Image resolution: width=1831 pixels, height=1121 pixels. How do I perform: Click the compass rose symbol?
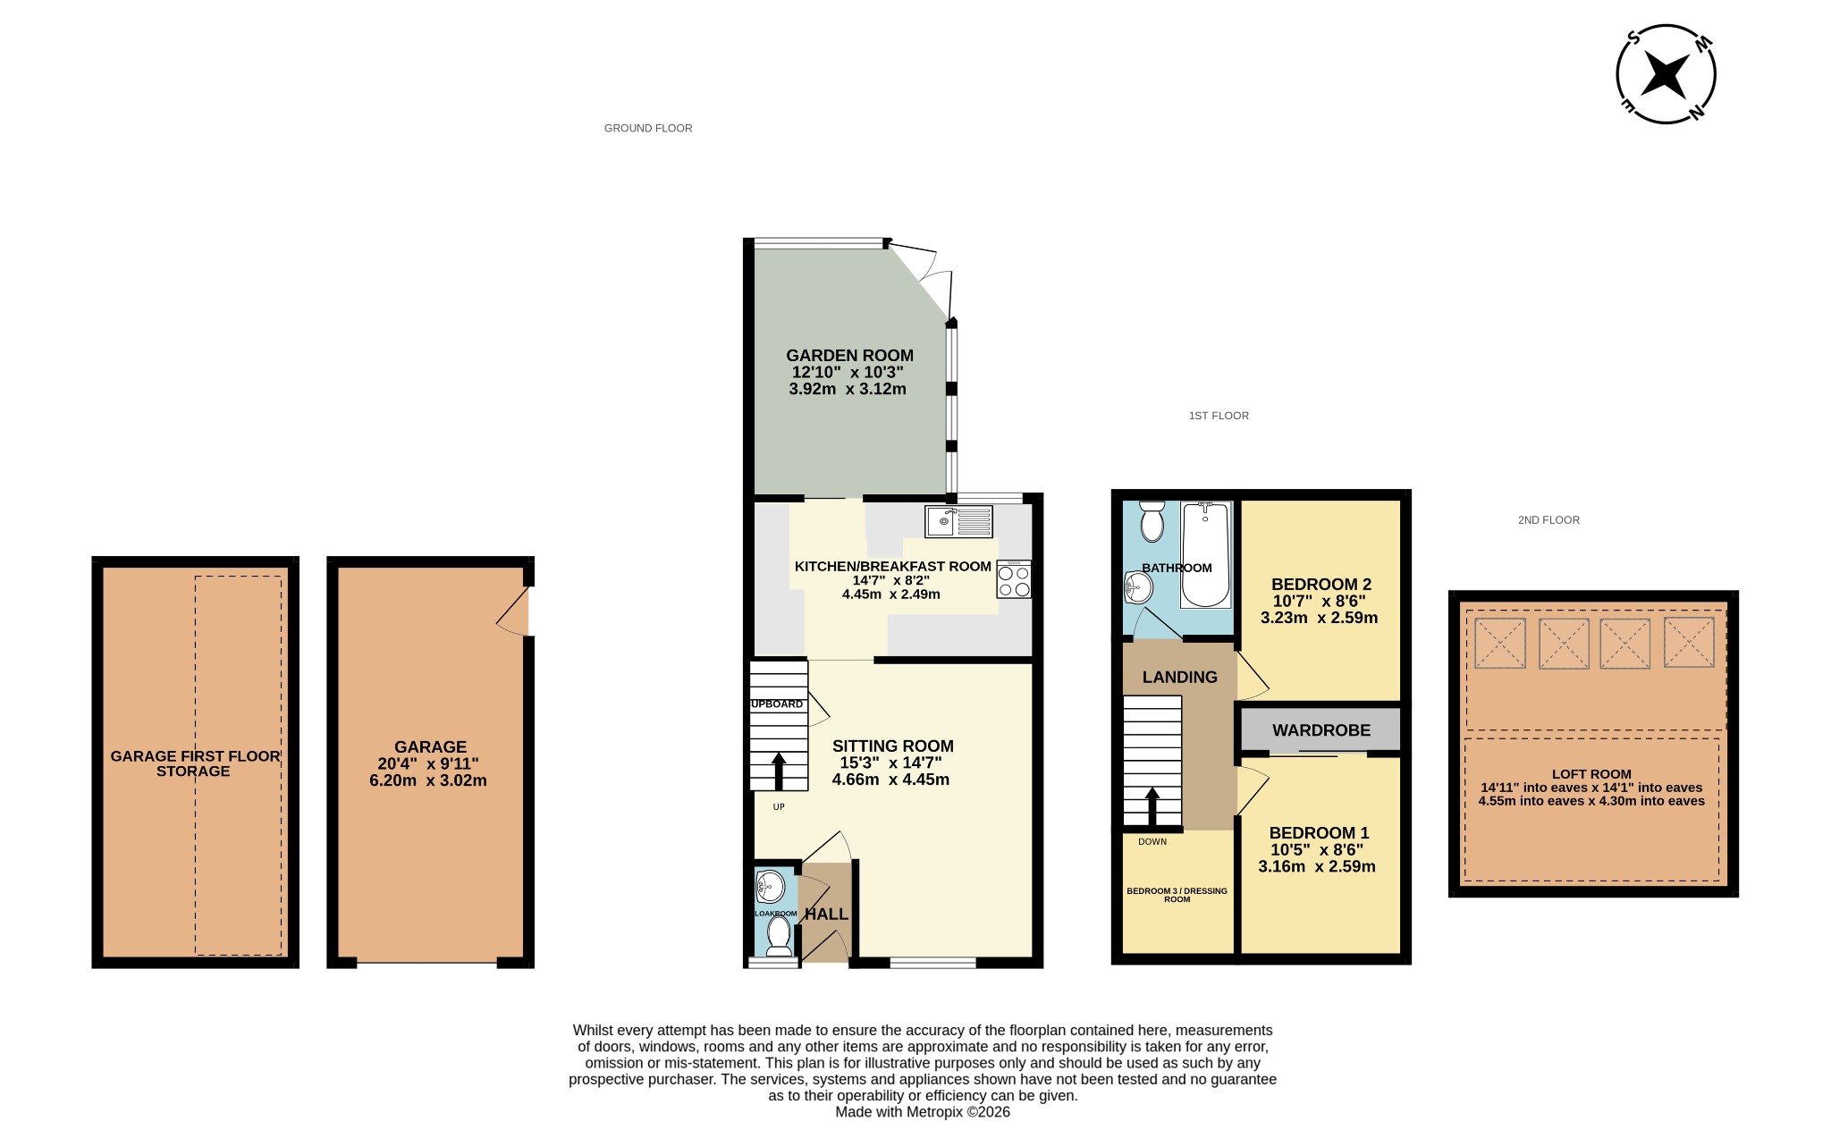(1666, 74)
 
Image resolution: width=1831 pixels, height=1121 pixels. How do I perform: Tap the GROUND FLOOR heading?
(648, 128)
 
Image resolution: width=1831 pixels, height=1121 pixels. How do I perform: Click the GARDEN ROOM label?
(849, 355)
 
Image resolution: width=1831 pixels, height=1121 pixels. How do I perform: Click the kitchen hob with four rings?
(1014, 579)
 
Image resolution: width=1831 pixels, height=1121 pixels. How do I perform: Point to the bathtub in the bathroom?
(1205, 554)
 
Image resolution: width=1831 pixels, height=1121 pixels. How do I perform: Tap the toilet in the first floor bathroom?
(1152, 521)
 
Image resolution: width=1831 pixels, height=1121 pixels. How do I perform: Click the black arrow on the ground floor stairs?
(779, 771)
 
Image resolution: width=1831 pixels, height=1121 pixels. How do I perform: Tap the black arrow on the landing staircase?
(1152, 805)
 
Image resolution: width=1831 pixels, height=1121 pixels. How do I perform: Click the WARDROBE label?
(1321, 730)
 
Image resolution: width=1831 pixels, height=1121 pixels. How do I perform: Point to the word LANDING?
(1180, 678)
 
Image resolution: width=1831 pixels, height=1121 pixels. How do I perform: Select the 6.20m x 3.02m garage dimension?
(428, 780)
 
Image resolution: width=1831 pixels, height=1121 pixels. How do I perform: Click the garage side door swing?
(511, 611)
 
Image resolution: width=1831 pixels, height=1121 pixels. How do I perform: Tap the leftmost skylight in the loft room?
(1499, 644)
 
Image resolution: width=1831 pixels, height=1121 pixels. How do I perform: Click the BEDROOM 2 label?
(1321, 585)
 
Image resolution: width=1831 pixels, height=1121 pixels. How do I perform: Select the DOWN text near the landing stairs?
(1152, 842)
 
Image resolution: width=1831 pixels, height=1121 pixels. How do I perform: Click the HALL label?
(826, 914)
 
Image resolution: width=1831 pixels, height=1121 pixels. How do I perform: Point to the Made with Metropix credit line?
(923, 1112)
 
